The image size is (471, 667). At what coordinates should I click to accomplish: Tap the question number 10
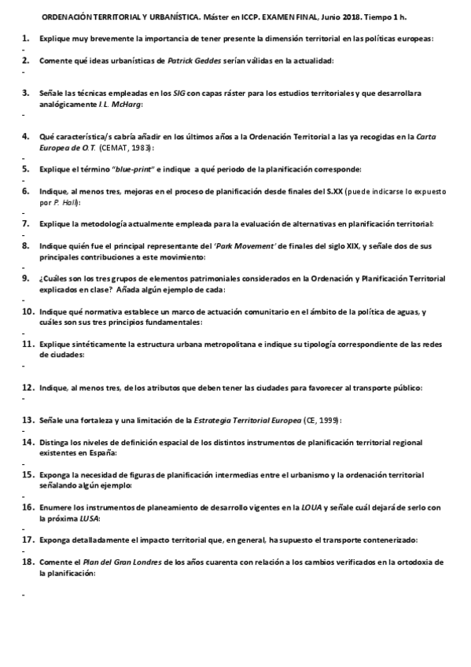tap(28, 312)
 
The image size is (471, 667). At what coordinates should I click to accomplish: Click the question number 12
tap(28, 388)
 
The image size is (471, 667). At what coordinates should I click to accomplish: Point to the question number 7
tap(26, 223)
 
